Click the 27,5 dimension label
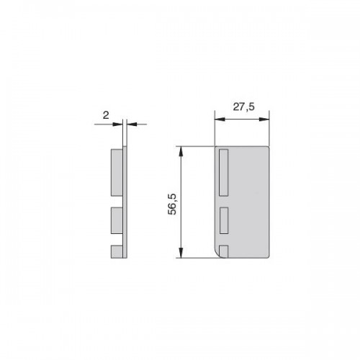tap(243, 107)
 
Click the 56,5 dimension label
tap(172, 204)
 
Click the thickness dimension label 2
tap(106, 115)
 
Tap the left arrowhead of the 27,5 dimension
tap(220, 120)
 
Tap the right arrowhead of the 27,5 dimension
tap(264, 120)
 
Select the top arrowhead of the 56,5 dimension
tap(181, 151)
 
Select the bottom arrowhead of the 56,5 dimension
tap(181, 253)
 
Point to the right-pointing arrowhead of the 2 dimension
tap(117, 124)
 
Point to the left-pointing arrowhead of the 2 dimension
tap(132, 124)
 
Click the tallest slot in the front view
tap(224, 173)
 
